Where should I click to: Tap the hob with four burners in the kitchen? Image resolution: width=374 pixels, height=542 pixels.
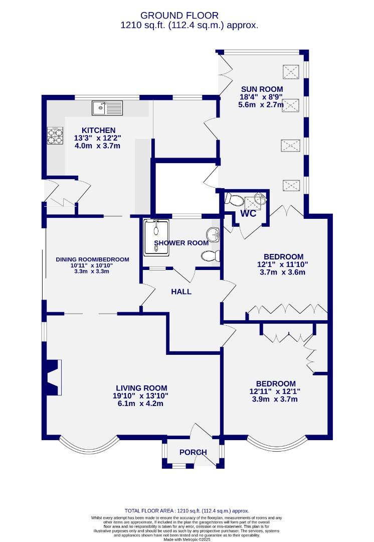coord(54,136)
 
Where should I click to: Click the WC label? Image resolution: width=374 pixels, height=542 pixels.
coord(249,213)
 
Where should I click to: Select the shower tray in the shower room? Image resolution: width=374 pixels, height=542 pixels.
coord(157,234)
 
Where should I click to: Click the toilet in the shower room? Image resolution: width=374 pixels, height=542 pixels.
coord(211,256)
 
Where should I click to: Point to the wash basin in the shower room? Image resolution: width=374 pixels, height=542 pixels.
coord(214,234)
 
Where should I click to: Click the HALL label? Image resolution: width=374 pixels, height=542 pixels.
coord(181,291)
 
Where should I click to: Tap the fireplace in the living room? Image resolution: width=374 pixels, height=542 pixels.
coord(53,377)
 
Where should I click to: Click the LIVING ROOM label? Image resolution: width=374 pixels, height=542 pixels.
coord(141,388)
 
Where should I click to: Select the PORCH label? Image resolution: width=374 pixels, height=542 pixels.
coord(193,452)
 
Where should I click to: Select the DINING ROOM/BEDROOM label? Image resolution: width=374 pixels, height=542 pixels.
coord(92,259)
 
